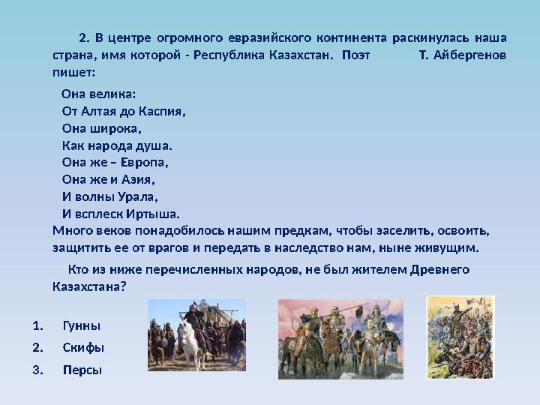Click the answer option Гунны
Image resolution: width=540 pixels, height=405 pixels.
pyautogui.click(x=81, y=326)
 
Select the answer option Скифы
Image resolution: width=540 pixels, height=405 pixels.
pyautogui.click(x=83, y=348)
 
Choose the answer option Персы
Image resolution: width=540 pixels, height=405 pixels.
pyautogui.click(x=82, y=370)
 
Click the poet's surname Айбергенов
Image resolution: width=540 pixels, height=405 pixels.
pyautogui.click(x=469, y=55)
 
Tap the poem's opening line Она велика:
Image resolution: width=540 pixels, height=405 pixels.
pyautogui.click(x=98, y=94)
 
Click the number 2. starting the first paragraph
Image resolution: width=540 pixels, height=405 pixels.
pyautogui.click(x=84, y=37)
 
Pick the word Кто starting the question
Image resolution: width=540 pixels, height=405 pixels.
pyautogui.click(x=78, y=269)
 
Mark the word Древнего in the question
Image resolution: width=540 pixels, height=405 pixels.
pyautogui.click(x=441, y=269)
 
